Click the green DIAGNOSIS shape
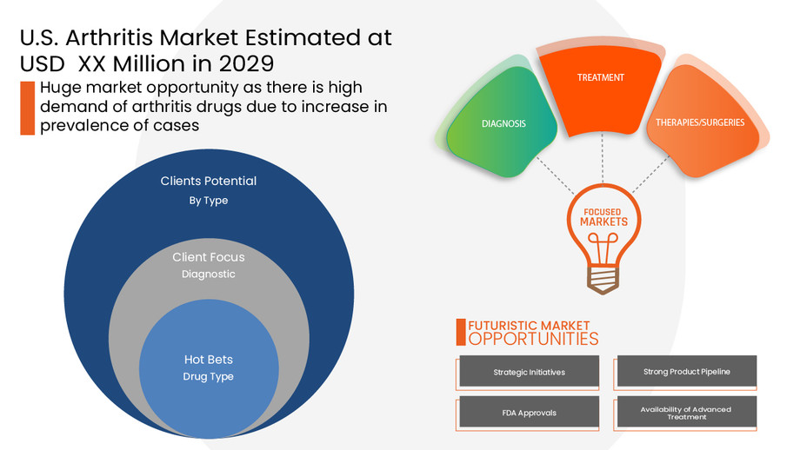[503, 123]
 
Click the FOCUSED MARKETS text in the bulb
[598, 216]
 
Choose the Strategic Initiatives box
[529, 372]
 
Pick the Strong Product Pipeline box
[686, 372]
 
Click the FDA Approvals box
[529, 413]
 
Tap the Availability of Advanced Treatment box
[686, 413]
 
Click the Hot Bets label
[209, 360]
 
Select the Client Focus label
[209, 257]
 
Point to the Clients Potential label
[209, 182]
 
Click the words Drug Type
[209, 377]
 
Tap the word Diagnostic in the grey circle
[209, 275]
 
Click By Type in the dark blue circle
[209, 201]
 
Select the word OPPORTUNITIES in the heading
[533, 339]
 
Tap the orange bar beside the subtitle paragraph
[27, 108]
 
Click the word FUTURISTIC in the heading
[499, 325]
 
